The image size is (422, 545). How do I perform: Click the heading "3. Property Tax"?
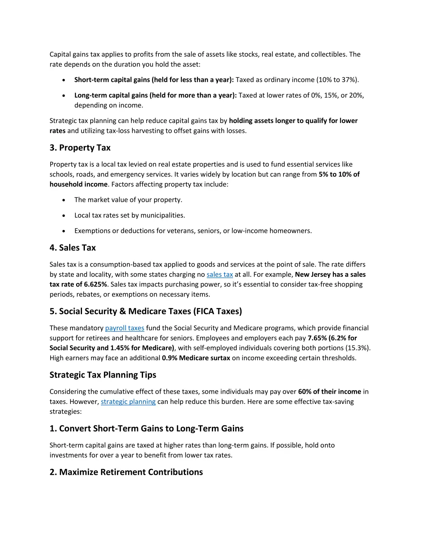click(x=80, y=148)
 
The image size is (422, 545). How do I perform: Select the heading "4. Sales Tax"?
click(x=73, y=248)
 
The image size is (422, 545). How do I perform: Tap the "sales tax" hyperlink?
click(x=220, y=274)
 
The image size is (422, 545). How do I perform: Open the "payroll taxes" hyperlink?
click(x=124, y=328)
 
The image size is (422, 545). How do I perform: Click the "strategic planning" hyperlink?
click(x=128, y=401)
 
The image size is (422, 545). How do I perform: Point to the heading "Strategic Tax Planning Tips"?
click(x=103, y=375)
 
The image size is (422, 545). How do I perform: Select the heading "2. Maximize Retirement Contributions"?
click(x=126, y=472)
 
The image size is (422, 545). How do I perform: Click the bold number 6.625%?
click(x=95, y=284)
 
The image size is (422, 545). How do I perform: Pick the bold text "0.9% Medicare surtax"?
click(x=196, y=358)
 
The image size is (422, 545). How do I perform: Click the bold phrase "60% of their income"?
click(x=329, y=392)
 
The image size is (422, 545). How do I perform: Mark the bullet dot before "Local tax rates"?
click(x=63, y=216)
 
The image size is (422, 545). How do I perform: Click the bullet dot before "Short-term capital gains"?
click(x=63, y=80)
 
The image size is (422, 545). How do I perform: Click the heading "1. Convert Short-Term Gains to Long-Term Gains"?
click(x=146, y=429)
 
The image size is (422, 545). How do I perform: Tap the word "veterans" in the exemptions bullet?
click(x=181, y=231)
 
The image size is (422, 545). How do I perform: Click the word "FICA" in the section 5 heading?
click(x=205, y=311)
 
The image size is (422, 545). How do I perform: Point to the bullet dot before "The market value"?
click(x=63, y=200)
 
